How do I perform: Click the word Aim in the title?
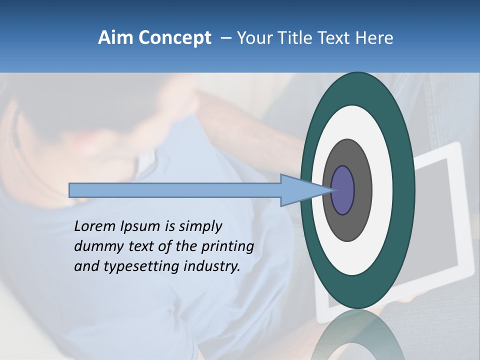(115, 38)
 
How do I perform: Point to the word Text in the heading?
(335, 38)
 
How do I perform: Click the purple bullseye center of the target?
(343, 190)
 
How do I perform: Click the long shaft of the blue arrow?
(175, 190)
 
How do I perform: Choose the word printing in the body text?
(227, 247)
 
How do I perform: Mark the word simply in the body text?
(200, 227)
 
